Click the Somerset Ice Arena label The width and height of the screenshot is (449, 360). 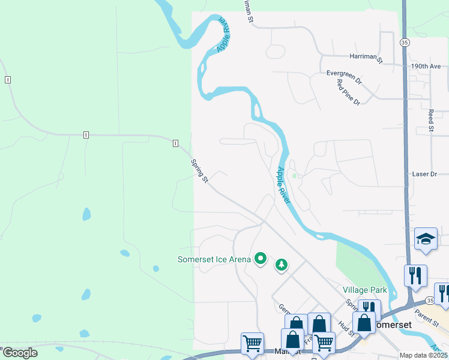click(x=214, y=259)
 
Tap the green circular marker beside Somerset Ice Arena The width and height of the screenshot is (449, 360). click(x=261, y=259)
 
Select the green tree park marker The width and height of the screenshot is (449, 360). click(x=281, y=264)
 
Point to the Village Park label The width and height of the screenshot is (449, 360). click(x=365, y=290)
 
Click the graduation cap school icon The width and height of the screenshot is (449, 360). click(x=426, y=239)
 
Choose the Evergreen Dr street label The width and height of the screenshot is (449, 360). click(x=344, y=73)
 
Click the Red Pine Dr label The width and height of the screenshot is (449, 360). click(x=348, y=92)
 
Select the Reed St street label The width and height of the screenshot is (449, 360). click(x=431, y=120)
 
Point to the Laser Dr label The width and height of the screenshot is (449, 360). click(x=424, y=174)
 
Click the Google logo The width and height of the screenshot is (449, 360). click(x=19, y=353)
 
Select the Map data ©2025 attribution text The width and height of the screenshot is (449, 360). click(x=424, y=355)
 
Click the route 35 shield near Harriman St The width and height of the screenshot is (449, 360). click(x=405, y=43)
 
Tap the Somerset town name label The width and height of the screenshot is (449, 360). click(x=391, y=324)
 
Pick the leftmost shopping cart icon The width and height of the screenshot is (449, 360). click(x=252, y=344)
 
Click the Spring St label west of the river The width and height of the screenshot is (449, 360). click(x=199, y=171)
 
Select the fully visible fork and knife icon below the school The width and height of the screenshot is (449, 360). click(x=415, y=276)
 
